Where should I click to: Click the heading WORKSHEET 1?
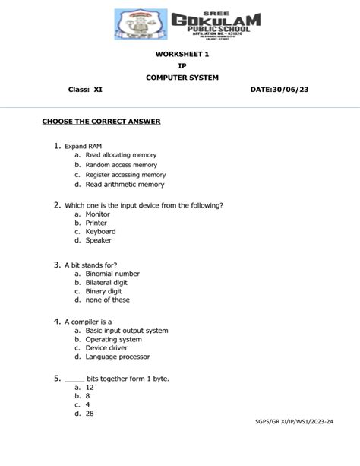click(x=182, y=54)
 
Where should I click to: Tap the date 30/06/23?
click(x=285, y=90)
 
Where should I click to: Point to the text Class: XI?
click(x=86, y=90)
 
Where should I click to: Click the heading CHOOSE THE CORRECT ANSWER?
click(x=101, y=122)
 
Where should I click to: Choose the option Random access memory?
click(x=122, y=165)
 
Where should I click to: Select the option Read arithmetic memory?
click(x=125, y=185)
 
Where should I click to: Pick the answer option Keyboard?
click(x=100, y=231)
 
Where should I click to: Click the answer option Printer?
click(x=97, y=223)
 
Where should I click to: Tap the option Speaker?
click(x=99, y=240)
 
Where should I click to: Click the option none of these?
click(x=107, y=300)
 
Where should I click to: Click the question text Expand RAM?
click(x=83, y=145)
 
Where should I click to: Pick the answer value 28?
click(x=90, y=414)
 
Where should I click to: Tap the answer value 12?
click(x=90, y=387)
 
